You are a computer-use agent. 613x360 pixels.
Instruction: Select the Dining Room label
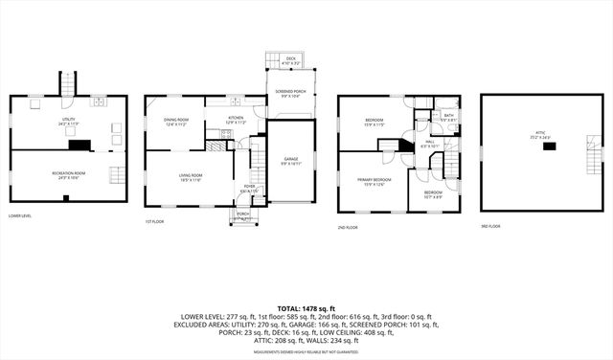[174, 121]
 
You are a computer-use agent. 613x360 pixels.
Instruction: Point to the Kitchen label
[236, 121]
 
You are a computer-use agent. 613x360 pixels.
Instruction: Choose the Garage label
[291, 160]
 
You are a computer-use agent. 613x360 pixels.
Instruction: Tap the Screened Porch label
[291, 92]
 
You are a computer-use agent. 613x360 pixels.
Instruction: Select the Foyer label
[248, 190]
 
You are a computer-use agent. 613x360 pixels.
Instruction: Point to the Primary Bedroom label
[374, 181]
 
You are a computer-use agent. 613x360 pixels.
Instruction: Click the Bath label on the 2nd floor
[448, 117]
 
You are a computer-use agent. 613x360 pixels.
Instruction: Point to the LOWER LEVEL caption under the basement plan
[20, 216]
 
